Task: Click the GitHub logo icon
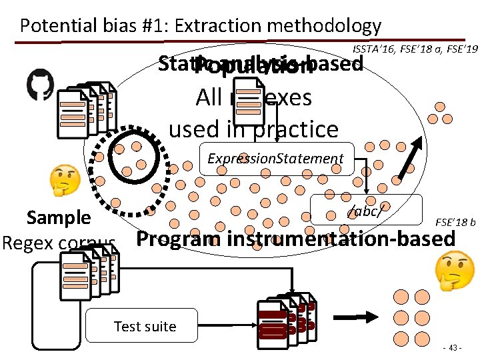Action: coord(41,85)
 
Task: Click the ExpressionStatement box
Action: coord(275,159)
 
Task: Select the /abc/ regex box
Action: coord(366,210)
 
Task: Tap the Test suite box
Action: coord(145,326)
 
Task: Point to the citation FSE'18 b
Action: coord(455,221)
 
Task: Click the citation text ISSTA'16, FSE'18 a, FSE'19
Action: coord(415,49)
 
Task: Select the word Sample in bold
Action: coord(59,217)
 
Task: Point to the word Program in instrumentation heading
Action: coord(179,239)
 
